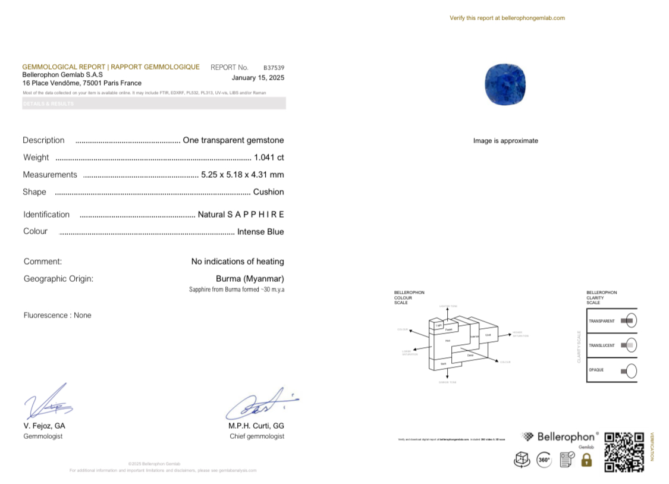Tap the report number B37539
(274, 68)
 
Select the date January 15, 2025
(257, 78)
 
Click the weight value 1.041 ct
(269, 158)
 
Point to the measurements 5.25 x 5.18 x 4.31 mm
(242, 175)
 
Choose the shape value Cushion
(268, 192)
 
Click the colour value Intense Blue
(260, 232)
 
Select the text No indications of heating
(237, 262)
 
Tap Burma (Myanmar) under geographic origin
(250, 279)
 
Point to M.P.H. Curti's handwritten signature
(259, 406)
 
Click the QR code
(624, 452)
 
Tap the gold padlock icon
(586, 460)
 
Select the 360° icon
(544, 460)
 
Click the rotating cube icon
(522, 460)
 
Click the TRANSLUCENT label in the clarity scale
(601, 345)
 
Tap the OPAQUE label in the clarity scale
(596, 370)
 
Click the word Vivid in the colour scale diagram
(488, 335)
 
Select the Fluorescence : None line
(58, 315)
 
